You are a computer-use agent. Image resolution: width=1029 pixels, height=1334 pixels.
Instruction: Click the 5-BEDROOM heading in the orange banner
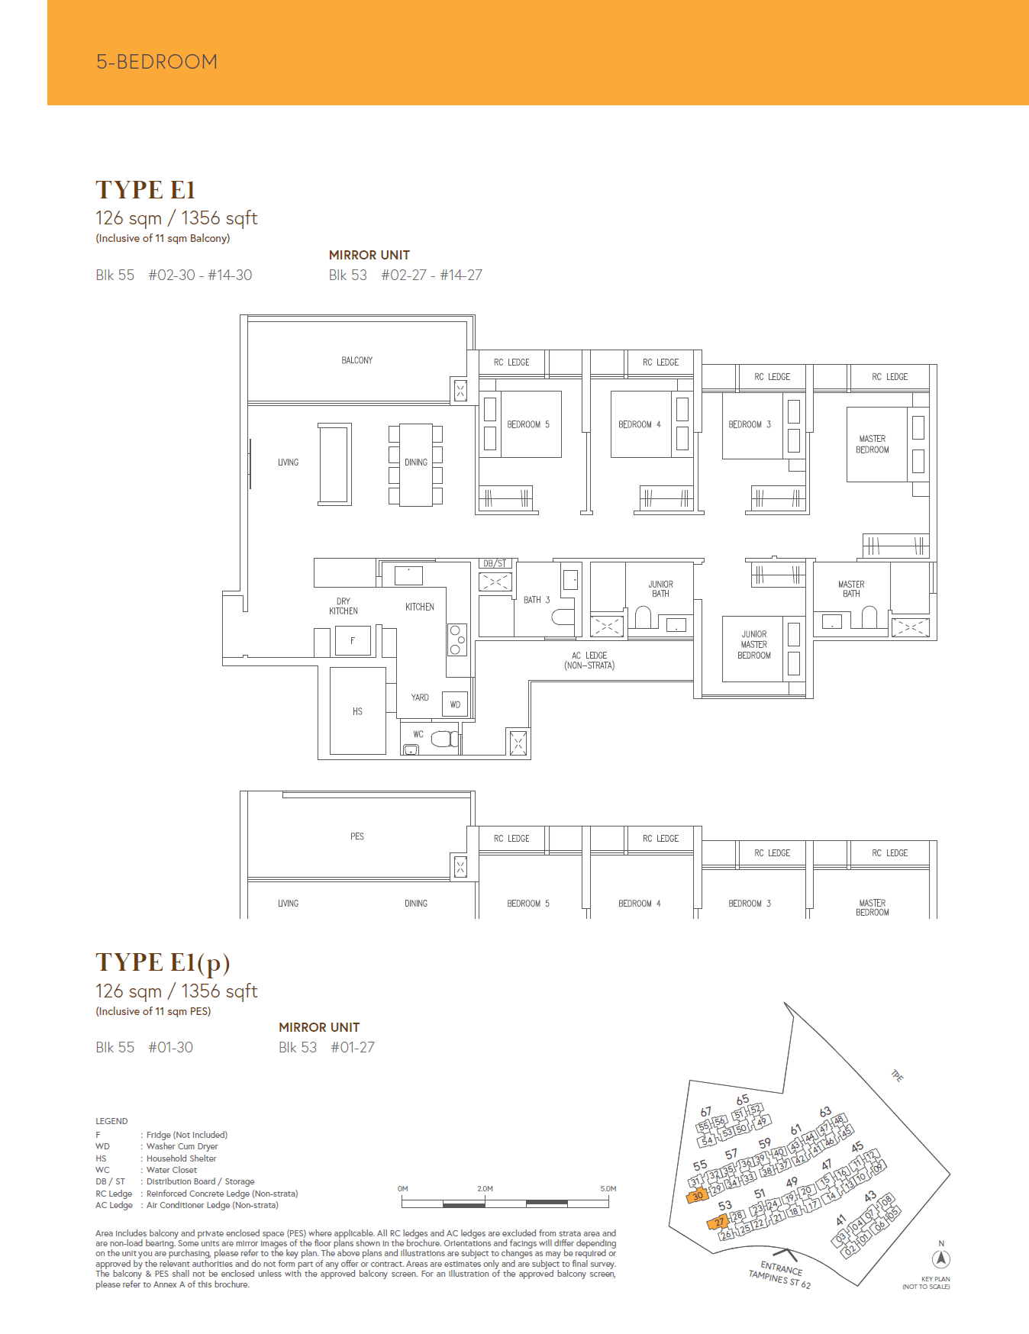[156, 62]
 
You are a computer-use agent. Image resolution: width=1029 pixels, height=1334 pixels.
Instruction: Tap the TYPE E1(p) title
[163, 962]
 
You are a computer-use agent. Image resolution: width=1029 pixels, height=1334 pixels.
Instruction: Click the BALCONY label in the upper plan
[356, 360]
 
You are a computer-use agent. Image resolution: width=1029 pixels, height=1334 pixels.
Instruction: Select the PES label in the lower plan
[356, 836]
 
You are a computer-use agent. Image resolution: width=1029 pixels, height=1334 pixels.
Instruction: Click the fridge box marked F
[353, 640]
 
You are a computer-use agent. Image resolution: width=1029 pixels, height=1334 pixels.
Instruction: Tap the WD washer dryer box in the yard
[455, 704]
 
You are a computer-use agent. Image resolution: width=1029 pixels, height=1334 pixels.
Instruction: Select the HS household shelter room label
[357, 711]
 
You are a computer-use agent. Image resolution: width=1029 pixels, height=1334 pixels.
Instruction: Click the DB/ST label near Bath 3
[495, 563]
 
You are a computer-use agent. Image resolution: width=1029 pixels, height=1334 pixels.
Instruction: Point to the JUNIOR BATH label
[660, 588]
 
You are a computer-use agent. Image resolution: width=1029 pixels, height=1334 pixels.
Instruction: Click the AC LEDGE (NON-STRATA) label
[589, 660]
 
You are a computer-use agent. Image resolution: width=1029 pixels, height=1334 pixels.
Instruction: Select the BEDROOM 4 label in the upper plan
[639, 424]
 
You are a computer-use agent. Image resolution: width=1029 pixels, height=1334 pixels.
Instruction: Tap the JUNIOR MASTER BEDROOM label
[754, 645]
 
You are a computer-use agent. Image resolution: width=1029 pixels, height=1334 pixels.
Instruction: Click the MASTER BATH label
[851, 588]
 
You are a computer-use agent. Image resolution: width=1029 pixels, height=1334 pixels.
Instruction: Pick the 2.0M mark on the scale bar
[485, 1188]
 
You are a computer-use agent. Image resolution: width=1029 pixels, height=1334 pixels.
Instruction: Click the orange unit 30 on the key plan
[698, 1196]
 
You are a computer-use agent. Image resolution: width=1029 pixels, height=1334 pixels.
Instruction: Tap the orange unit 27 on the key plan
[720, 1222]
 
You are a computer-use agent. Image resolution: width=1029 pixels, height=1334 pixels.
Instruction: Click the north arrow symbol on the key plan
[941, 1259]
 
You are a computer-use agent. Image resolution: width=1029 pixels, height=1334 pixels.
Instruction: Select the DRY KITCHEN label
[344, 606]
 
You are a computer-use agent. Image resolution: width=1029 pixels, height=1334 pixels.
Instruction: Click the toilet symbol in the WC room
[444, 739]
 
